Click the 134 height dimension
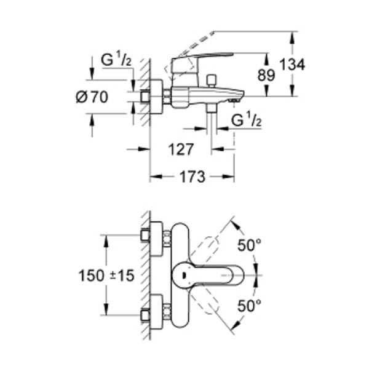click(x=293, y=65)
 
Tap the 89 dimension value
click(x=266, y=75)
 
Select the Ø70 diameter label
click(x=92, y=97)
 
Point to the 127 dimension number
click(x=181, y=149)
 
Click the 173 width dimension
click(x=192, y=177)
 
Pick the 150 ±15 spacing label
click(x=106, y=276)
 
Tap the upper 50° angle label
click(x=249, y=245)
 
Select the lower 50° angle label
click(x=249, y=306)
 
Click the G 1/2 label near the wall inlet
click(x=116, y=60)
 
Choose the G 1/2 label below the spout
click(x=247, y=121)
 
